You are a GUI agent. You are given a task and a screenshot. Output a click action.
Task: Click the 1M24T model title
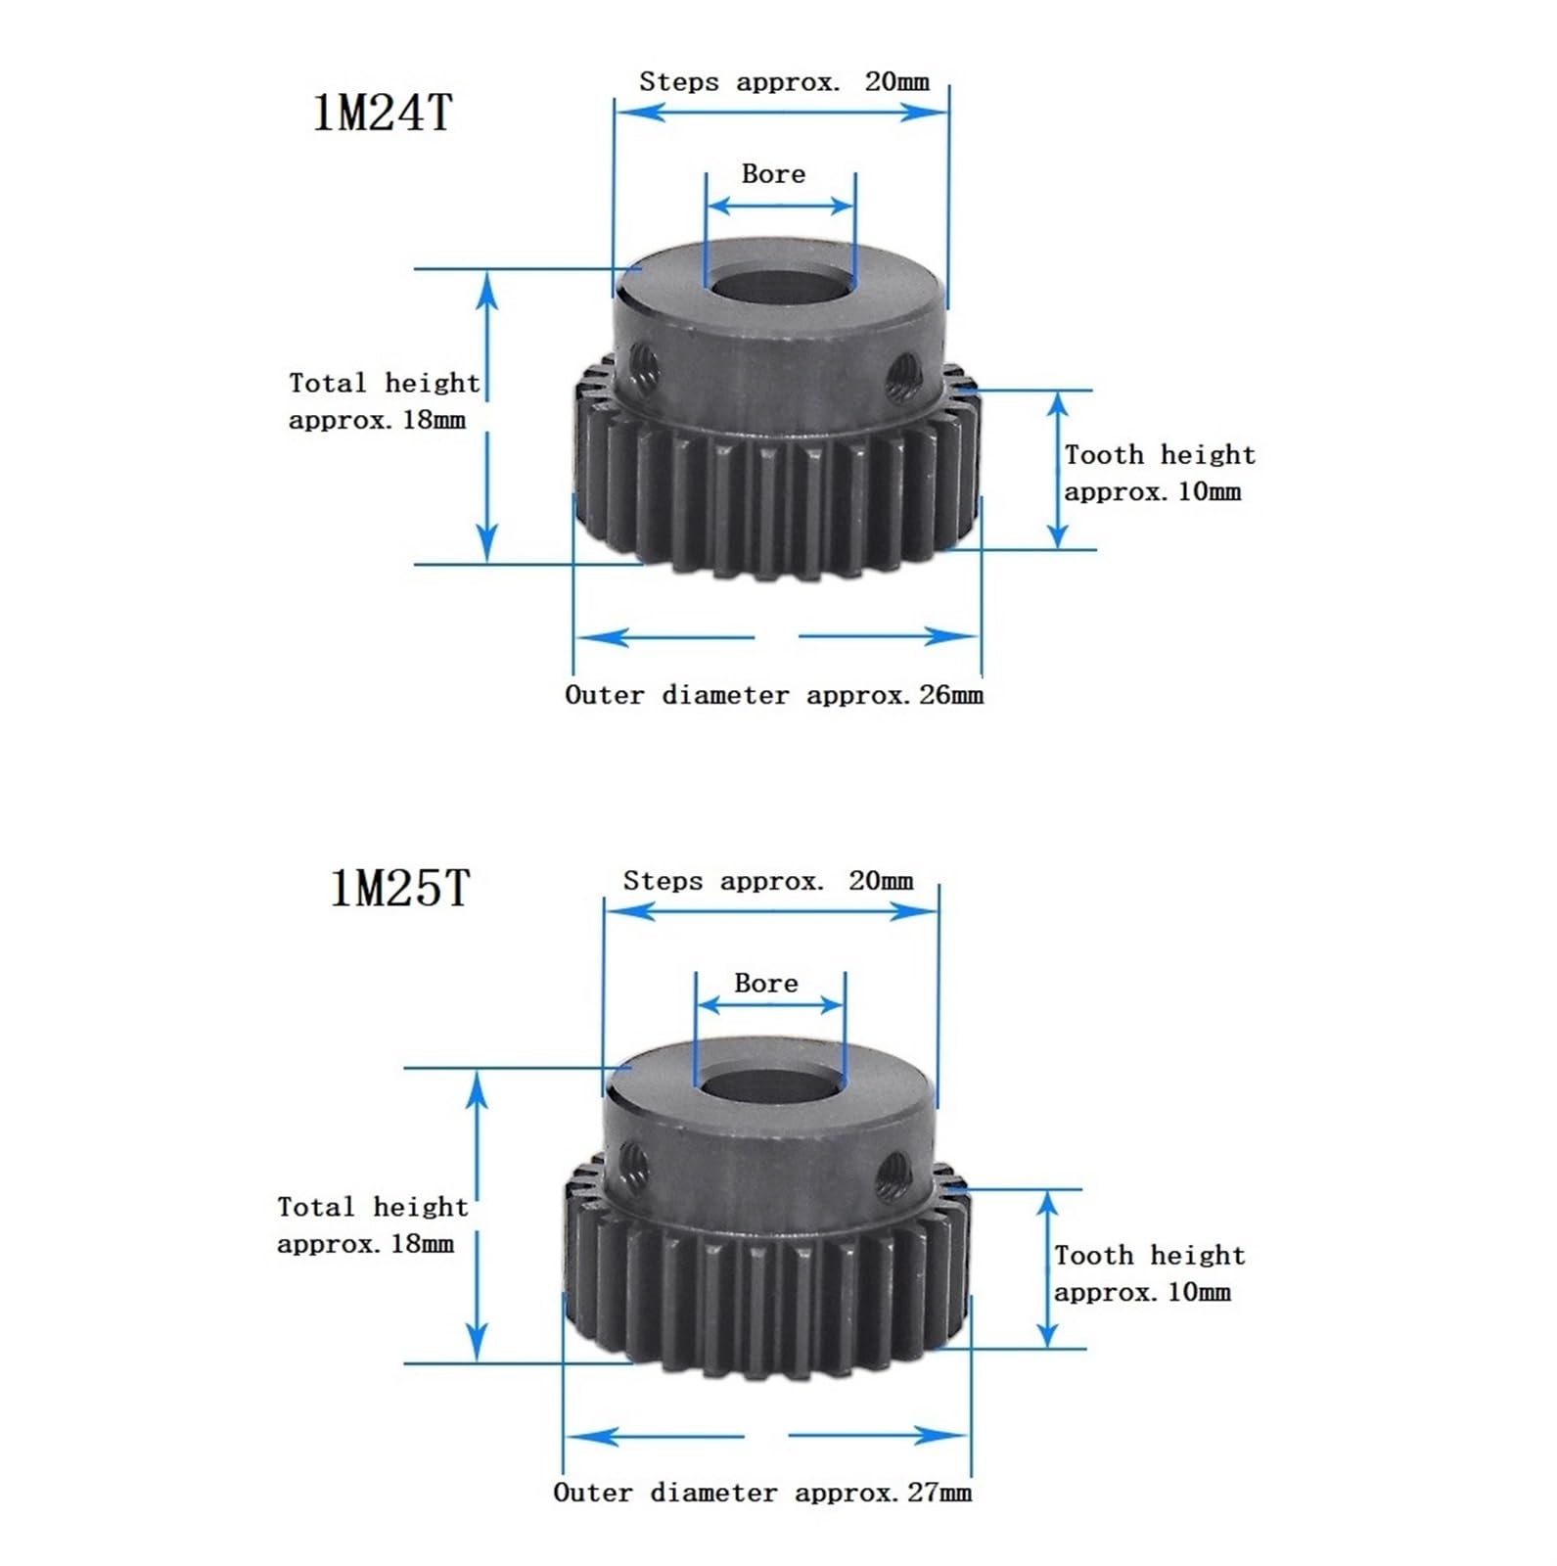(x=383, y=113)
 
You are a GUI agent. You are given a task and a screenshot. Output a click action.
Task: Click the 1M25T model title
(x=400, y=889)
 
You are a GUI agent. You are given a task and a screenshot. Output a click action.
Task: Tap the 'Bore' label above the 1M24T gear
(x=773, y=174)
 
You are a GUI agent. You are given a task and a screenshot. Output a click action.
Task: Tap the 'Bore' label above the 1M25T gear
(x=765, y=983)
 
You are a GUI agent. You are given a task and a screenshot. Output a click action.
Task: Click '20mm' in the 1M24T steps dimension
(x=896, y=81)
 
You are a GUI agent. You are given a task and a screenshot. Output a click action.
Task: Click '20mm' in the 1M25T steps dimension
(x=881, y=881)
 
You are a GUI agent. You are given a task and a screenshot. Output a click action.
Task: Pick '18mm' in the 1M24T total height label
(x=435, y=421)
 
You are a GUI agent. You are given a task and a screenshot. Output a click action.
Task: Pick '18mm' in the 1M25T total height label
(x=423, y=1244)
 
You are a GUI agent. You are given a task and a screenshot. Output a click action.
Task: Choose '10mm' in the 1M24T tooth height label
(x=1209, y=491)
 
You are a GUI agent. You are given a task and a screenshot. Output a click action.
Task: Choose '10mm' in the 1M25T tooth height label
(x=1199, y=1292)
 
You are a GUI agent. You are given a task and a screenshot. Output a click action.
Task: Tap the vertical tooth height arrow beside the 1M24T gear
(x=1057, y=470)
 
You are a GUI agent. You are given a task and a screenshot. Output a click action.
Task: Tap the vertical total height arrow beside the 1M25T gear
(x=477, y=1215)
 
